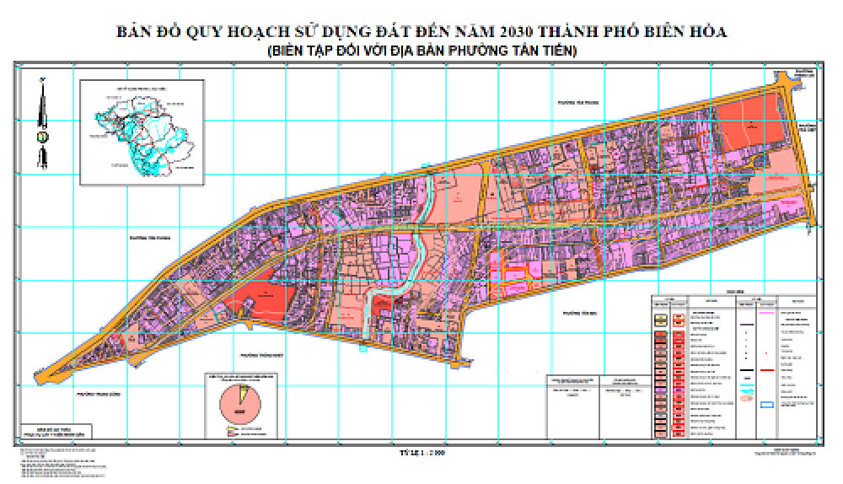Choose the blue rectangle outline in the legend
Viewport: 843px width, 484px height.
(x=767, y=406)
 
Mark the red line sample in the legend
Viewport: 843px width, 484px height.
(x=767, y=370)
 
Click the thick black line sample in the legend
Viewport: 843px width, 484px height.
(x=747, y=370)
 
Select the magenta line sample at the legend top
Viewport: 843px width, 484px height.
(x=767, y=313)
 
